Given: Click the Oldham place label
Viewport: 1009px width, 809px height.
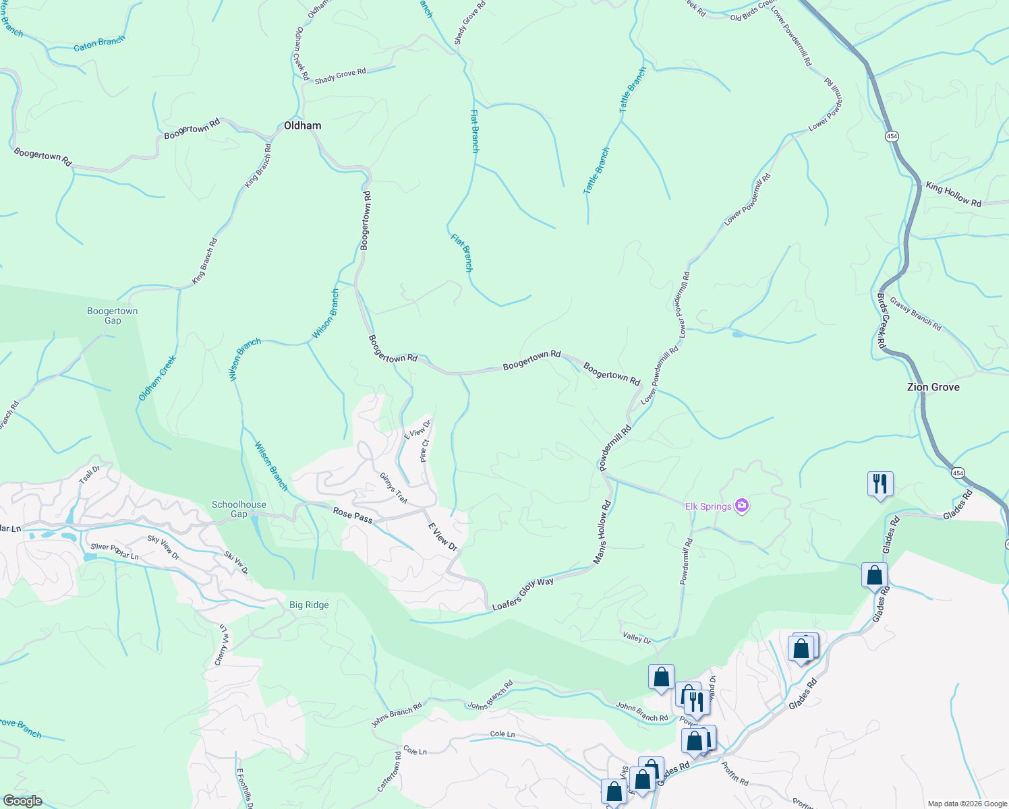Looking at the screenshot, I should coord(302,125).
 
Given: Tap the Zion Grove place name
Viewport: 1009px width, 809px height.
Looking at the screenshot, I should coord(933,387).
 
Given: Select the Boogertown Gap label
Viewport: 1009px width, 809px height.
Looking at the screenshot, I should coord(113,316).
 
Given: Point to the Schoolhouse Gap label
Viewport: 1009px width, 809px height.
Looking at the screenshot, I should coord(239,509).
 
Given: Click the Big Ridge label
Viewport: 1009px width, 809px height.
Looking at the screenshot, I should coord(309,605).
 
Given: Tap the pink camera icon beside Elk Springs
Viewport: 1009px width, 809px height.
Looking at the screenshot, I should coord(742,506).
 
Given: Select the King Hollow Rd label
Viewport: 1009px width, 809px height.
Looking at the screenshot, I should coord(953,194).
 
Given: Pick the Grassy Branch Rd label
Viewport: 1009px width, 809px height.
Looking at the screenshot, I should coord(915,313).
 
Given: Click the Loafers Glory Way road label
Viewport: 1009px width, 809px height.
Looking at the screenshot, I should coord(523,594).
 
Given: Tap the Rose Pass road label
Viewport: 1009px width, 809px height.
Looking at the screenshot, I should coord(353,515).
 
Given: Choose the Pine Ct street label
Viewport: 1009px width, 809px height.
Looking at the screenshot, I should coord(424,450).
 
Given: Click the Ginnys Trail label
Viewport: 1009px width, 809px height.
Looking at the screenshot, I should coord(394,487).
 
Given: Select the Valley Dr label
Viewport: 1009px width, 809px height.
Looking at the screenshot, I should coord(637,638).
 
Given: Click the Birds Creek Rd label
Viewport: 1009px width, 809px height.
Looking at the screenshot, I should coord(882,320).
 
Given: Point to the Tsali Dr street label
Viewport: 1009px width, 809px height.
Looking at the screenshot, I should coord(90,474).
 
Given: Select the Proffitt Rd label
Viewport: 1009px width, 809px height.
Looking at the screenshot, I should coord(734,774).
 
